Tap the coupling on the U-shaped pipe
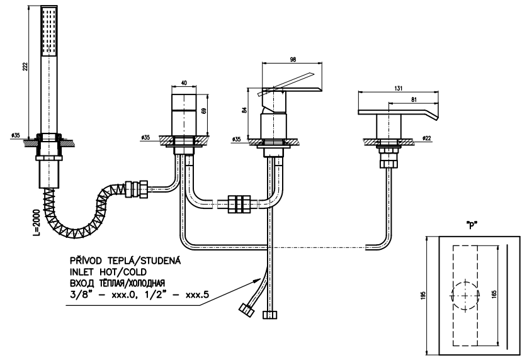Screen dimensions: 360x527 point(239,203)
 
